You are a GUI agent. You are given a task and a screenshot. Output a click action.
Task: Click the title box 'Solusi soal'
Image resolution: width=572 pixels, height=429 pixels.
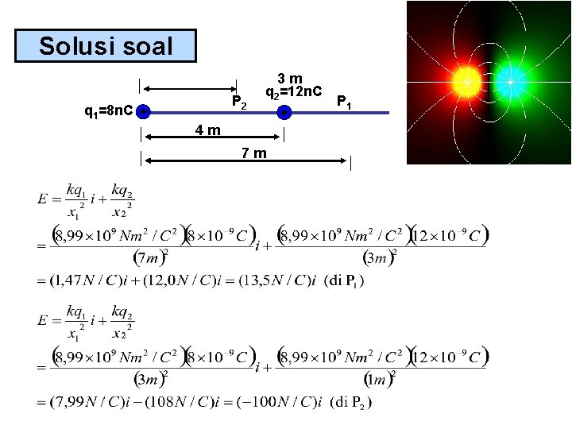(106, 46)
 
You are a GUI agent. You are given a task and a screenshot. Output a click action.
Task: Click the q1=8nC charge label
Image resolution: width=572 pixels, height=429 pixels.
(109, 111)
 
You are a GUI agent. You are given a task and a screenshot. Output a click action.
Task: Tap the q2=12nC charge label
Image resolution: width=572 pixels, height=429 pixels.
(296, 93)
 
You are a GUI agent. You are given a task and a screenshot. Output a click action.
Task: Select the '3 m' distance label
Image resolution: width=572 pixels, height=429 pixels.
(294, 78)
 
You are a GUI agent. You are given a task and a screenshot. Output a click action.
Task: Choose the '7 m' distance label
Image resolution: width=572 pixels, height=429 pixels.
(254, 153)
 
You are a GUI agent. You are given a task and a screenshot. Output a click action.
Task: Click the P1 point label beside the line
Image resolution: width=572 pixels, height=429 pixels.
(345, 102)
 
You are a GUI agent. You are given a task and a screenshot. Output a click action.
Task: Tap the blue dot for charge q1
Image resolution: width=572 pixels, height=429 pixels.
(141, 113)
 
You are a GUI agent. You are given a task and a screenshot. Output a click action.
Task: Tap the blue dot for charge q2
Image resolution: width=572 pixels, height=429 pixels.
(284, 113)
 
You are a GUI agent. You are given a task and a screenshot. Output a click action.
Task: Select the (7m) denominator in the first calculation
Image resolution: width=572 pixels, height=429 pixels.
(148, 258)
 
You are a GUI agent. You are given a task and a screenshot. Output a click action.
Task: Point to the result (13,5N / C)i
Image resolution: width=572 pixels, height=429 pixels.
(267, 280)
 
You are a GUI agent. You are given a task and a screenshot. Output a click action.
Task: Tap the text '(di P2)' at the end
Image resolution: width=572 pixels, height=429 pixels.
(350, 401)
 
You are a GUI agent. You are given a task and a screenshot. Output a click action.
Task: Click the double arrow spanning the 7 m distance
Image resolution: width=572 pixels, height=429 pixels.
(246, 161)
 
